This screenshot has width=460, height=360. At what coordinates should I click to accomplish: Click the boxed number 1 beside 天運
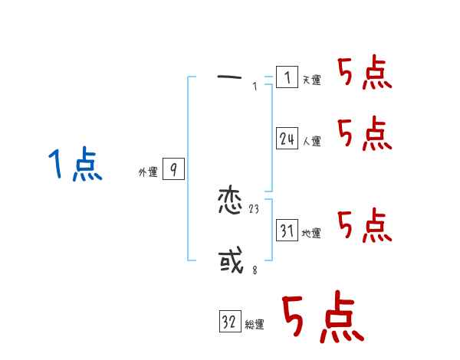287,77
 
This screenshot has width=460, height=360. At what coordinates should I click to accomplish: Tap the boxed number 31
287,230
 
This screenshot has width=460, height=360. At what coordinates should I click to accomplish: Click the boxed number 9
173,170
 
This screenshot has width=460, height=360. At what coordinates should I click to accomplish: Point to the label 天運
311,80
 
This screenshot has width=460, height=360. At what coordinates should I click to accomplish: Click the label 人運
311,141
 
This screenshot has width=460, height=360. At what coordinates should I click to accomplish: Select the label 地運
311,233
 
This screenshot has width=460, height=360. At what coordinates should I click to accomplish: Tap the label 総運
255,326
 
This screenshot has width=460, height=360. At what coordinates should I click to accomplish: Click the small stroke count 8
255,269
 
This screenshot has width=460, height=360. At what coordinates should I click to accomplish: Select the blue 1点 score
75,165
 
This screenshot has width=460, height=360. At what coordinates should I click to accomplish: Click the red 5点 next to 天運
365,74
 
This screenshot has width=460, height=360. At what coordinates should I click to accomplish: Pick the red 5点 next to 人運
365,135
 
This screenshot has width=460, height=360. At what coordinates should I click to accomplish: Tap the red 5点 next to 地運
365,225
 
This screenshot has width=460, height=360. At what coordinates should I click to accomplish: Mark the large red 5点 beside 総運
322,319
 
